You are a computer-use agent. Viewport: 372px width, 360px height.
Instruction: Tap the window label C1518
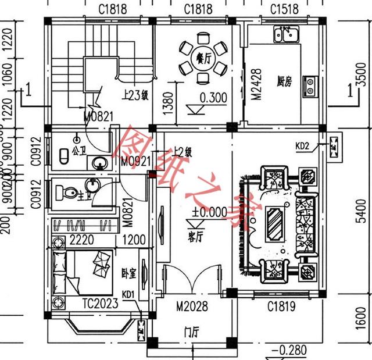click(x=285, y=9)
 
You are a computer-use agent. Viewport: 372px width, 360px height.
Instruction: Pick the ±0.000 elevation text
click(x=209, y=212)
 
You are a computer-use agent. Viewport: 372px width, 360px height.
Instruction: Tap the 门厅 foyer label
click(x=191, y=333)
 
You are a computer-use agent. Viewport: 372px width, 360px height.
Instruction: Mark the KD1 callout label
click(x=128, y=294)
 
